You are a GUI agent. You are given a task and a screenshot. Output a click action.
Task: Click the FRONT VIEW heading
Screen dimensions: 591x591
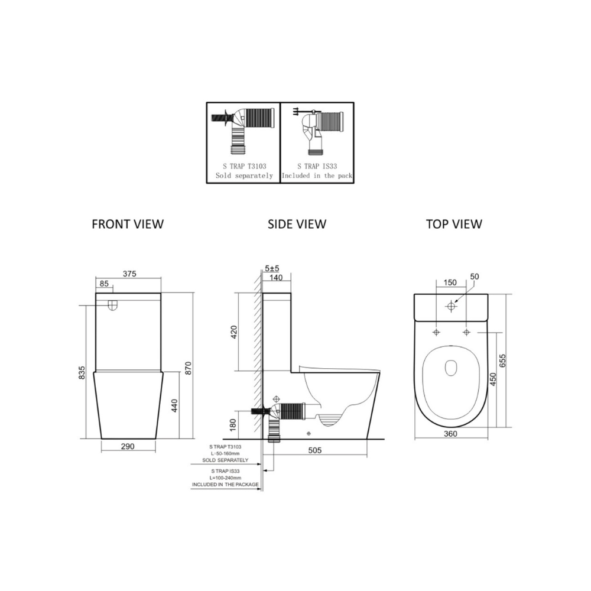point(128,224)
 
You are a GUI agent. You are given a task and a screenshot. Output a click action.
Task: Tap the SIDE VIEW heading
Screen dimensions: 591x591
point(297,224)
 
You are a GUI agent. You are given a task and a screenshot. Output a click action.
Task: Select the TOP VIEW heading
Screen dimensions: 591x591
point(454,224)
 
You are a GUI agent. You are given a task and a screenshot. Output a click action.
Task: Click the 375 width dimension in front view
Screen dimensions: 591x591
point(129,274)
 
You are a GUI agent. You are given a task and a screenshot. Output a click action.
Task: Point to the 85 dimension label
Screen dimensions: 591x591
point(104,283)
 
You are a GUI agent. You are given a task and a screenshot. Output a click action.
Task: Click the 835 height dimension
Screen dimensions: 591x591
point(82,372)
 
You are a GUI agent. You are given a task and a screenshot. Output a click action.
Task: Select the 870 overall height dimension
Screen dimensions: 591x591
point(189,368)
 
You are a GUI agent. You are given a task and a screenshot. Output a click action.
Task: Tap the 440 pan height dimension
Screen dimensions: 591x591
point(174,405)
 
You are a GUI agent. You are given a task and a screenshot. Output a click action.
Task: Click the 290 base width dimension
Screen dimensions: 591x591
point(128,446)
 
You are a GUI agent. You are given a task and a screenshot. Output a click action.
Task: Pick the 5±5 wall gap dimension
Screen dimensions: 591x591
point(272,268)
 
